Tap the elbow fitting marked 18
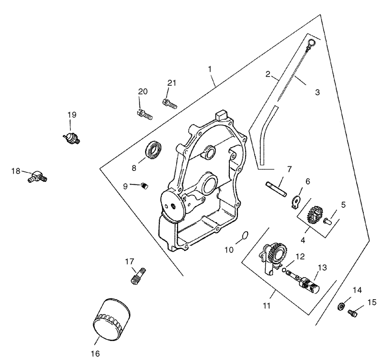pyautogui.click(x=37, y=177)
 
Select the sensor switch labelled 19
pyautogui.click(x=71, y=138)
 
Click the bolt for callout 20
pyautogui.click(x=145, y=114)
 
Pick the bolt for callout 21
pyautogui.click(x=169, y=103)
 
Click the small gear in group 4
pyautogui.click(x=315, y=214)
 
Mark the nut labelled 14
pyautogui.click(x=341, y=306)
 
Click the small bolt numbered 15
pyautogui.click(x=352, y=313)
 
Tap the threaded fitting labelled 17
pyautogui.click(x=138, y=276)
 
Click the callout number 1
pyautogui.click(x=210, y=69)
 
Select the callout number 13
pyautogui.click(x=322, y=268)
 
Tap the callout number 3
pyautogui.click(x=317, y=92)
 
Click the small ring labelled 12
pyautogui.click(x=284, y=270)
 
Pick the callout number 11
pyautogui.click(x=267, y=305)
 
